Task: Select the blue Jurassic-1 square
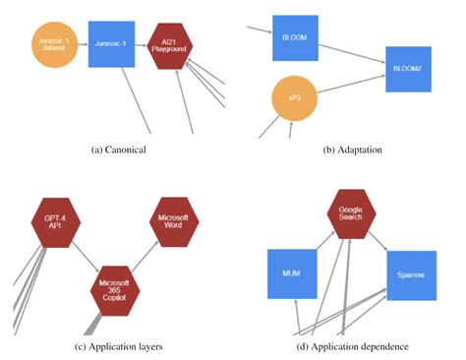pyautogui.click(x=110, y=44)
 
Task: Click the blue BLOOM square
pyautogui.click(x=294, y=38)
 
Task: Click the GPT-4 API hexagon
pyautogui.click(x=55, y=220)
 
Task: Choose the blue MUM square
pyautogui.click(x=291, y=274)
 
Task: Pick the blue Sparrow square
pyautogui.click(x=410, y=274)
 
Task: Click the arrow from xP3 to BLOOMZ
pyautogui.click(x=350, y=86)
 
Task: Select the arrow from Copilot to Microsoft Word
pyautogui.click(x=146, y=257)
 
